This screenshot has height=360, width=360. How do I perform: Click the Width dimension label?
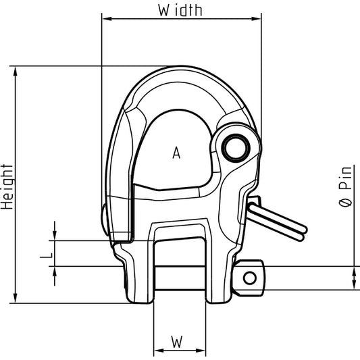180,10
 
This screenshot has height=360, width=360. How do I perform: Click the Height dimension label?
7,186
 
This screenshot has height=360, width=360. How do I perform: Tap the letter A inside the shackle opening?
176,153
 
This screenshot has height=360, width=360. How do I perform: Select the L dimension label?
47,255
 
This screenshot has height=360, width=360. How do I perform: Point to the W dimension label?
177,342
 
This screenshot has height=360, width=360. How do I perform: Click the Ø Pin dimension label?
345,186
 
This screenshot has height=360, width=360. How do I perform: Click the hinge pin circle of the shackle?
236,148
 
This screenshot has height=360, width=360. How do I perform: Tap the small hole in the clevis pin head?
250,278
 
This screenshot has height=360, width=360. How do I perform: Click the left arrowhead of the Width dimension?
107,19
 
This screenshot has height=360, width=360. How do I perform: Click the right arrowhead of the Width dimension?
257,19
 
